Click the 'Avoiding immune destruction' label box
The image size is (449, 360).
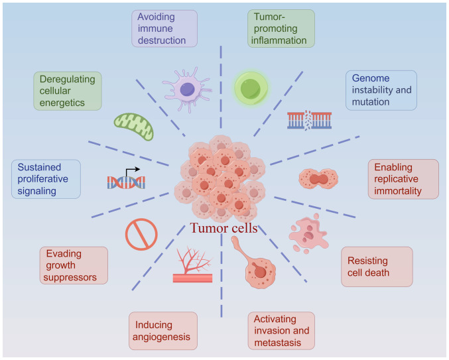164,29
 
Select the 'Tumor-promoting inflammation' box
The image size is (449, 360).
281,29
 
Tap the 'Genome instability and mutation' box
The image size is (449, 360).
381,90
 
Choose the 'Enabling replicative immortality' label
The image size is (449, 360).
403,179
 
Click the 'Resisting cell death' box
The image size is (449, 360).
377,267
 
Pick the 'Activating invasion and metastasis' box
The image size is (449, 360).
281,331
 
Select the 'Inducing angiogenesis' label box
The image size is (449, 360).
163,331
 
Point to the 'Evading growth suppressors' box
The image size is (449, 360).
74,266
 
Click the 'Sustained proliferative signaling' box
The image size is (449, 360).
46,179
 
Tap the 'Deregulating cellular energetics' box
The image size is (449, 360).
68,91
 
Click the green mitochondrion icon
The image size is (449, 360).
134,127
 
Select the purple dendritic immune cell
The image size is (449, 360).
188,90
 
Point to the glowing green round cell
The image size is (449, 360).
251,88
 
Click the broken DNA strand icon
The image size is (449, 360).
310,120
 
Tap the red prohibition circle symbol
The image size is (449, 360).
141,235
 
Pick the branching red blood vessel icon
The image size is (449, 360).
193,265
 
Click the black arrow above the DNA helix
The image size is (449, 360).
132,172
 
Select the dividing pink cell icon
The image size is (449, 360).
318,179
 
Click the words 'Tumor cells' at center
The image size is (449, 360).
224,228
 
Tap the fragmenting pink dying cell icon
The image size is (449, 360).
308,233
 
